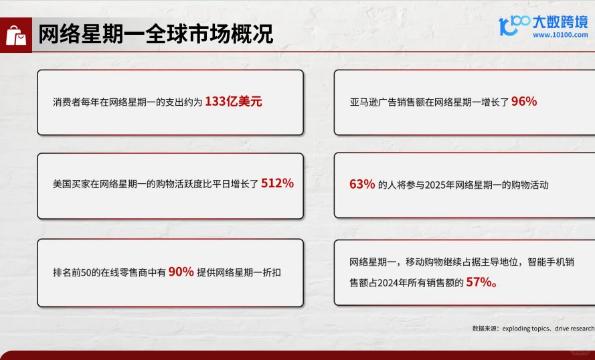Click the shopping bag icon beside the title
point(16,34)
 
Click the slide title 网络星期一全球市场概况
point(155,34)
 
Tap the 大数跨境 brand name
point(560,22)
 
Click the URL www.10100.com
point(560,35)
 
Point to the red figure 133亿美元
point(234,102)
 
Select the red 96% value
point(524,102)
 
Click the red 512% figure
point(277,183)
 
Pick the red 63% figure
point(362,184)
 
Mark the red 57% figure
point(479,282)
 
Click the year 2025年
point(437,185)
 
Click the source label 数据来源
point(483,329)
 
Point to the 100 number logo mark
point(514,25)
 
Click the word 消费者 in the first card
point(67,102)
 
